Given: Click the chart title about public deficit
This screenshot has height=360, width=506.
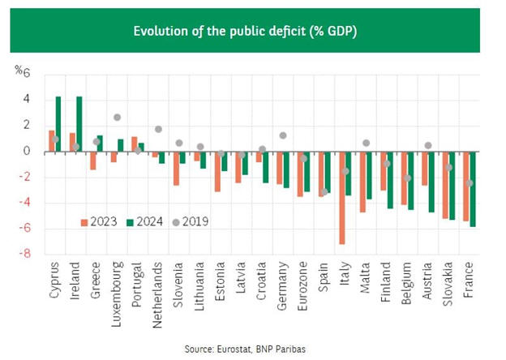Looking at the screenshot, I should (251, 32).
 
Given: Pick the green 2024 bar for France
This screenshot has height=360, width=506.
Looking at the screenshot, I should (473, 189).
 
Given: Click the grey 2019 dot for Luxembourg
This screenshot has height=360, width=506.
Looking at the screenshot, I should (118, 118).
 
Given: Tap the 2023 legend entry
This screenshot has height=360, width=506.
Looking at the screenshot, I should (98, 221).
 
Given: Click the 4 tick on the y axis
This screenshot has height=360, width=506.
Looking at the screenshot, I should (26, 100).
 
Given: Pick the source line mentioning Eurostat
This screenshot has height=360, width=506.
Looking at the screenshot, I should (252, 349).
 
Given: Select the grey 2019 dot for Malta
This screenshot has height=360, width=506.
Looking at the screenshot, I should (367, 143).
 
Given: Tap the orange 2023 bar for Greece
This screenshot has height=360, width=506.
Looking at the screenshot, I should (93, 161).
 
